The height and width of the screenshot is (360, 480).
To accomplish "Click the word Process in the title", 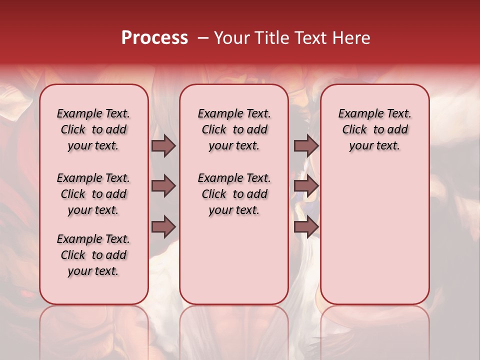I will (x=154, y=38).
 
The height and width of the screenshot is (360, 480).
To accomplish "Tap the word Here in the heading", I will (x=351, y=38).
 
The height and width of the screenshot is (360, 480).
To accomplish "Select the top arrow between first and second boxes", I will (x=163, y=145).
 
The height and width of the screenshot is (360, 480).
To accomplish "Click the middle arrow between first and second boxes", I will (x=163, y=186).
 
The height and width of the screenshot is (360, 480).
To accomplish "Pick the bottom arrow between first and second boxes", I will (x=163, y=227).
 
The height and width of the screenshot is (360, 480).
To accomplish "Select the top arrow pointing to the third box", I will (x=306, y=145).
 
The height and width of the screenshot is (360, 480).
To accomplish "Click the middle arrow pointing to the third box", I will (x=306, y=186).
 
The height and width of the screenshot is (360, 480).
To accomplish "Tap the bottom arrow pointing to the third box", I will (x=306, y=227).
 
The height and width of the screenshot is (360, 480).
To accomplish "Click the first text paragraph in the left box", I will (x=93, y=129).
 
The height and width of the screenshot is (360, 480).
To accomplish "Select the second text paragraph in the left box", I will (x=93, y=194).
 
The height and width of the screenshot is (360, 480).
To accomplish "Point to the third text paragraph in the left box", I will (x=93, y=255).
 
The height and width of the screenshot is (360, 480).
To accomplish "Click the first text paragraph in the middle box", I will (x=234, y=129).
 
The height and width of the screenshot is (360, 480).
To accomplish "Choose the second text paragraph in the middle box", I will (x=234, y=194).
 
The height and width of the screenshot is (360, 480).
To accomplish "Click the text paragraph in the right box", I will (x=375, y=129).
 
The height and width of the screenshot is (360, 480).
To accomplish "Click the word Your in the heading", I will (x=232, y=38).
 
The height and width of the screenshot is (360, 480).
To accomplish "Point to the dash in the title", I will (x=203, y=38).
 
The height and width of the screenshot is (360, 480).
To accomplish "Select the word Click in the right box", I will (x=354, y=130).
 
